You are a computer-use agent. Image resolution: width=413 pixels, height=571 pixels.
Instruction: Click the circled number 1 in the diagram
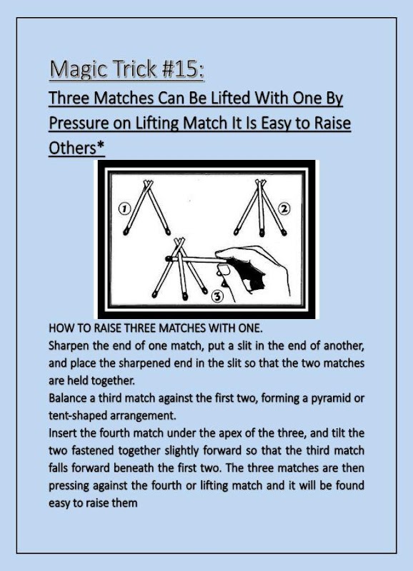124,208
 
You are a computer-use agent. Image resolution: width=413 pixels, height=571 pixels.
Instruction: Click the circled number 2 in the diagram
284,208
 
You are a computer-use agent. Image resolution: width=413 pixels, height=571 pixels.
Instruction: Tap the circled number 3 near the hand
218,296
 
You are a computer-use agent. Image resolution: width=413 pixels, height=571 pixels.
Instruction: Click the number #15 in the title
182,69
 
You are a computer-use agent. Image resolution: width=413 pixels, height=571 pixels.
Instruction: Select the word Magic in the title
78,69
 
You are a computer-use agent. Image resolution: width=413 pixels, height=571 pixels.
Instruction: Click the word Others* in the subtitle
76,148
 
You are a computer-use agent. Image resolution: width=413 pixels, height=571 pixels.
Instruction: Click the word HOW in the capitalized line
59,328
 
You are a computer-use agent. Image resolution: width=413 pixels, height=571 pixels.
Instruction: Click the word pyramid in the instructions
330,398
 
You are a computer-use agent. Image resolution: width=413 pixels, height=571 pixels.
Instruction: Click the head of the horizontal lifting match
168,258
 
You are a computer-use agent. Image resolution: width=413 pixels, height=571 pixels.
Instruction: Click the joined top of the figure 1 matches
148,184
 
